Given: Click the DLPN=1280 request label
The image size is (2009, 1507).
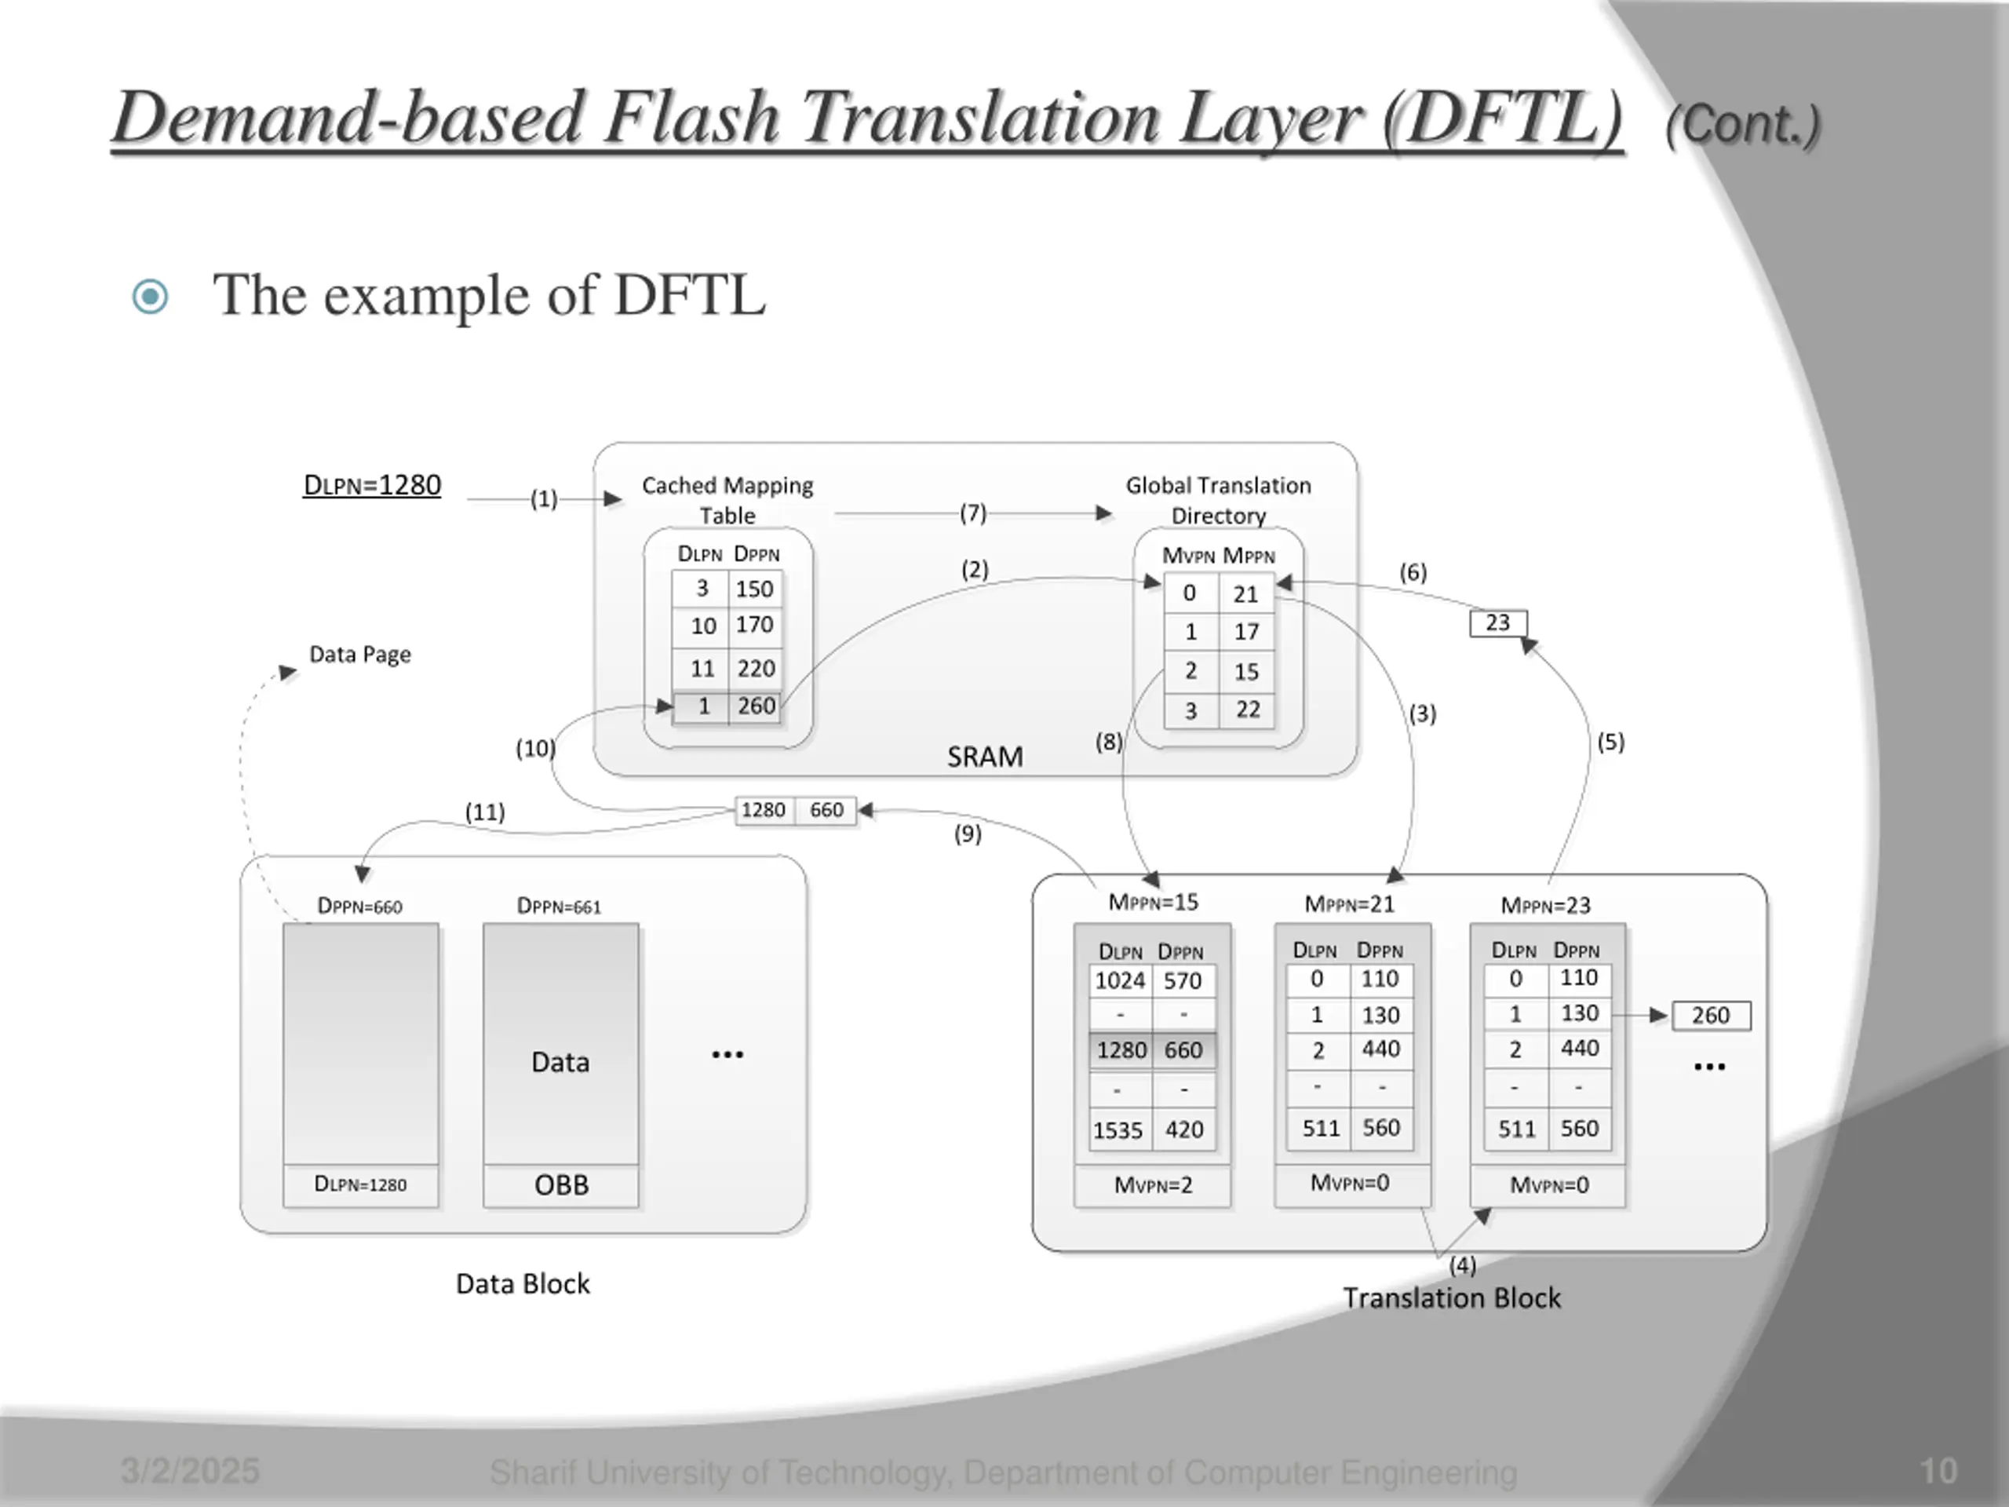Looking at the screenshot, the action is click(x=373, y=485).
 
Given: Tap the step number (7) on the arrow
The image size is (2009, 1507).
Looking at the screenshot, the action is click(x=972, y=513).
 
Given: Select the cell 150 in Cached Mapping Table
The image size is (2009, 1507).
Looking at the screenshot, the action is click(x=755, y=589).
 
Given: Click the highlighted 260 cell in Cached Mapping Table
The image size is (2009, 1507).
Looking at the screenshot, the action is click(x=756, y=706).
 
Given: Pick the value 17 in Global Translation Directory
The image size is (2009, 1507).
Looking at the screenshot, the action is click(x=1246, y=631).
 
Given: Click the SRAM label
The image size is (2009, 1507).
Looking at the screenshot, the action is click(x=986, y=757).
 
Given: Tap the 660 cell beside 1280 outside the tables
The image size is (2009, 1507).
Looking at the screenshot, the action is click(x=826, y=809).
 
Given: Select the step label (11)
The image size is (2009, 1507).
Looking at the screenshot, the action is click(x=485, y=812).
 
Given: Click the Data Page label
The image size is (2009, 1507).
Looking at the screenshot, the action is click(x=359, y=654).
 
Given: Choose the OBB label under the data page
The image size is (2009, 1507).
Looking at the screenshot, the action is click(x=561, y=1185).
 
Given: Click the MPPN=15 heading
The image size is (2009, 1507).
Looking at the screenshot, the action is click(x=1154, y=902).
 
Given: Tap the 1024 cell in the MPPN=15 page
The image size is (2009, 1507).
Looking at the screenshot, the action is click(x=1121, y=981).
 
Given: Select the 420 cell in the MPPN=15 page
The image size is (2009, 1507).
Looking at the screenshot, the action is click(x=1184, y=1130).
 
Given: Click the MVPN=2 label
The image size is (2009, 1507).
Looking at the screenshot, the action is click(x=1154, y=1185).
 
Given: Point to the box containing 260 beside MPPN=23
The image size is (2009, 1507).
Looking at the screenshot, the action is click(x=1711, y=1016).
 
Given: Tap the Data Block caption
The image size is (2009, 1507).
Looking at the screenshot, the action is click(x=523, y=1283).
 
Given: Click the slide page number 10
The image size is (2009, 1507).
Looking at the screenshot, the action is click(x=1939, y=1471).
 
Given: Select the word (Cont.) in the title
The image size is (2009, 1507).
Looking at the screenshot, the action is click(x=1743, y=125).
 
